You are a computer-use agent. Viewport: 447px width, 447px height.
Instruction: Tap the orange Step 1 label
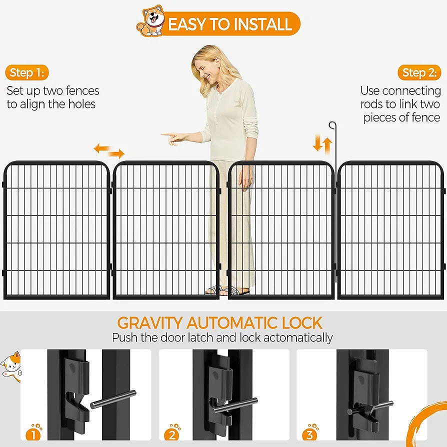click(27, 73)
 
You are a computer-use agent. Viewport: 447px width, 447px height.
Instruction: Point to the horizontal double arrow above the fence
click(109, 150)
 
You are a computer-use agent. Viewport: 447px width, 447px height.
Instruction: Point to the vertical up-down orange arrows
click(322, 144)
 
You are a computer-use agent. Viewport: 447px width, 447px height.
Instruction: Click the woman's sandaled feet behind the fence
click(227, 290)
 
